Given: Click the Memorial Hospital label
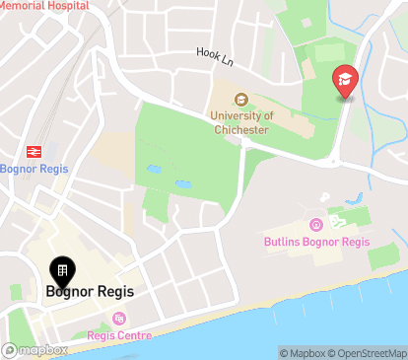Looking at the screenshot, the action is [x=44, y=6].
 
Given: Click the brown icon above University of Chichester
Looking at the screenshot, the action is [x=242, y=99].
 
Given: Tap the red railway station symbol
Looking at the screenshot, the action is [x=34, y=151].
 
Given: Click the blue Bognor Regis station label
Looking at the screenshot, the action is [x=34, y=169].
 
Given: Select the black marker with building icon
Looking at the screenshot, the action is [x=61, y=271].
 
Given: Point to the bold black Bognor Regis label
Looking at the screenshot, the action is [x=90, y=292].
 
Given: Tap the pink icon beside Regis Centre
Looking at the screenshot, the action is [x=119, y=318].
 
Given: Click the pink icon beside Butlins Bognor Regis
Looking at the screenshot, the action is [x=315, y=224].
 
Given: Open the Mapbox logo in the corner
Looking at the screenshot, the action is [x=35, y=350].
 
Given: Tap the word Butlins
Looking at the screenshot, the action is [x=285, y=242].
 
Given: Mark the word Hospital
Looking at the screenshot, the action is [x=66, y=6].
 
